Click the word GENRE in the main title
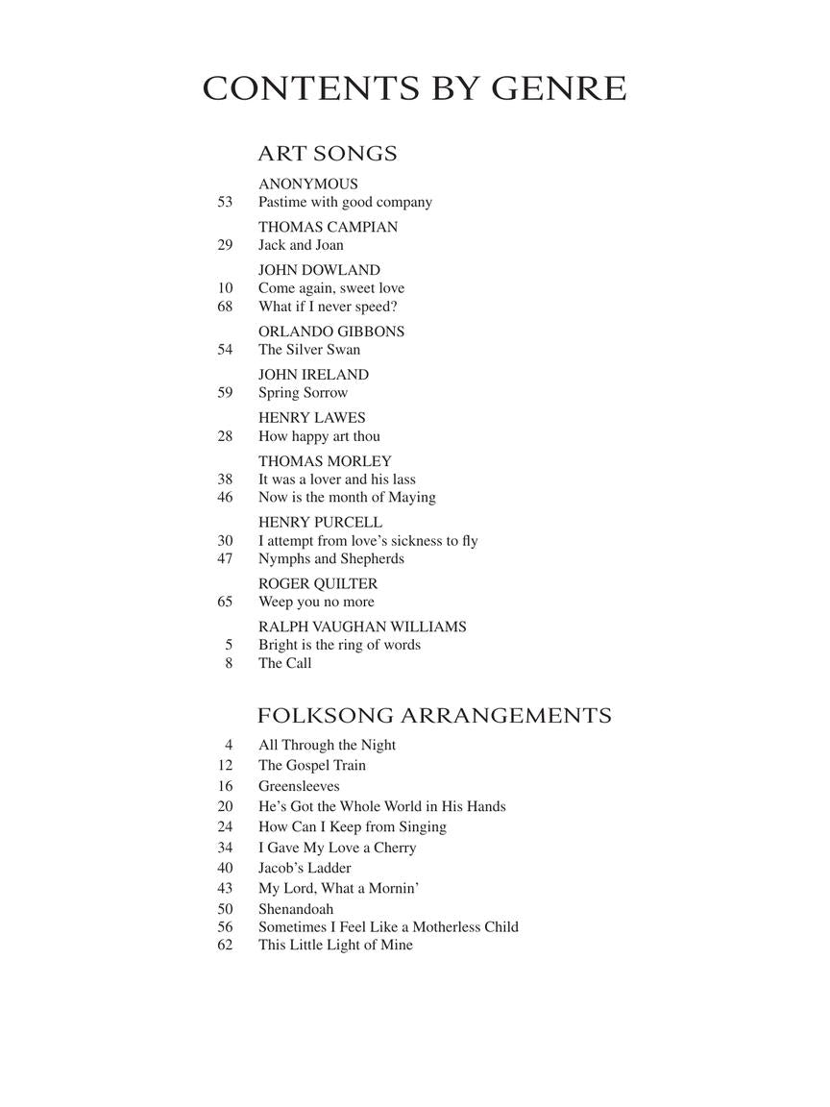[x=559, y=88]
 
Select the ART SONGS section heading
[x=328, y=154]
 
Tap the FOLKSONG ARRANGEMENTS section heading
[x=434, y=716]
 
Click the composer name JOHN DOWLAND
[x=319, y=270]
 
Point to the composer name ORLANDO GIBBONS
[x=331, y=332]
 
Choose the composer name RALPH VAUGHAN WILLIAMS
[x=362, y=627]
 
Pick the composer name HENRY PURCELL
[x=320, y=522]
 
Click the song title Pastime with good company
[x=345, y=202]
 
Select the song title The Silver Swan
[x=309, y=350]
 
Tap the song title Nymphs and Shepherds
[x=331, y=558]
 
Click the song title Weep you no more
[x=316, y=602]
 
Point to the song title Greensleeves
[x=299, y=786]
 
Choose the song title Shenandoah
[x=296, y=908]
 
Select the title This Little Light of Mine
[x=335, y=945]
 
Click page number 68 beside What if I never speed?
[x=226, y=307]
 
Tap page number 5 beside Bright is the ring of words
[x=229, y=645]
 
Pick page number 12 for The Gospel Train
[x=226, y=766]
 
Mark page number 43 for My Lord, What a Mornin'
[x=226, y=889]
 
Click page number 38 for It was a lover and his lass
[x=226, y=479]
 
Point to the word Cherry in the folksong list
[x=395, y=848]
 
